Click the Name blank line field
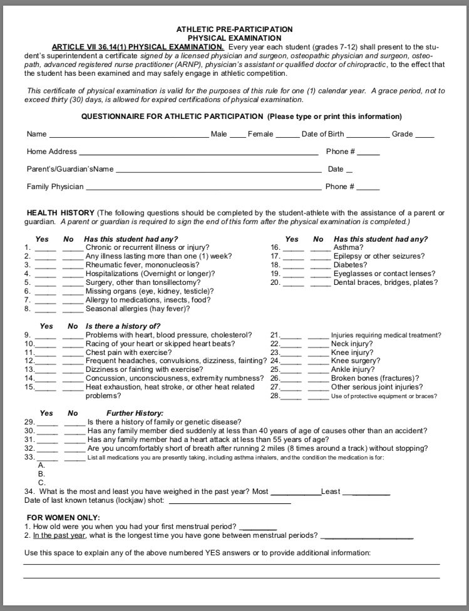pyautogui.click(x=128, y=135)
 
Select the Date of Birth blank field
pyautogui.click(x=368, y=135)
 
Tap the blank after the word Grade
pyautogui.click(x=425, y=135)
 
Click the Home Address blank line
pyautogui.click(x=198, y=152)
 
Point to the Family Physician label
pyautogui.click(x=54, y=187)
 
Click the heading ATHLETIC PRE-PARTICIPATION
pyautogui.click(x=234, y=29)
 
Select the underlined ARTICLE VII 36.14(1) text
pyautogui.click(x=137, y=47)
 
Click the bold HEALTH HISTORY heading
pyautogui.click(x=60, y=213)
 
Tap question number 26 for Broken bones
pyautogui.click(x=274, y=378)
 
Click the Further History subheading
pyautogui.click(x=135, y=413)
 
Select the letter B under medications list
pyautogui.click(x=41, y=474)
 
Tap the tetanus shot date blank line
pyautogui.click(x=230, y=501)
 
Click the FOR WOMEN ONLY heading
pyautogui.click(x=63, y=517)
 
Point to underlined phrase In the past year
pyautogui.click(x=59, y=536)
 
